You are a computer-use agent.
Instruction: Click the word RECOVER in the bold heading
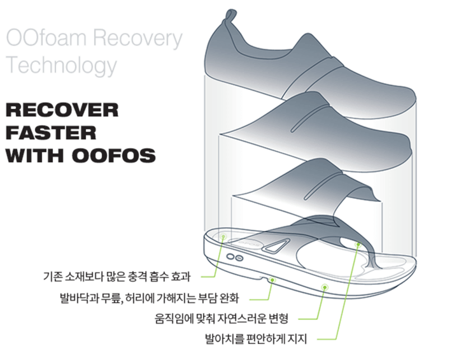(62, 110)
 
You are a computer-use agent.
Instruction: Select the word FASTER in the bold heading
(50, 133)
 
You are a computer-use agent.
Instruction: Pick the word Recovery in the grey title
(137, 38)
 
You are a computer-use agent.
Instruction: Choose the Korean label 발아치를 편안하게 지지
(255, 339)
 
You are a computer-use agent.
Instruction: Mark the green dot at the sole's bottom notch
(272, 278)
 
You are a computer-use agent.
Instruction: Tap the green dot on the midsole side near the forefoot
(325, 287)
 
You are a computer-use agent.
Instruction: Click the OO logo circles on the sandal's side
(235, 257)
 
